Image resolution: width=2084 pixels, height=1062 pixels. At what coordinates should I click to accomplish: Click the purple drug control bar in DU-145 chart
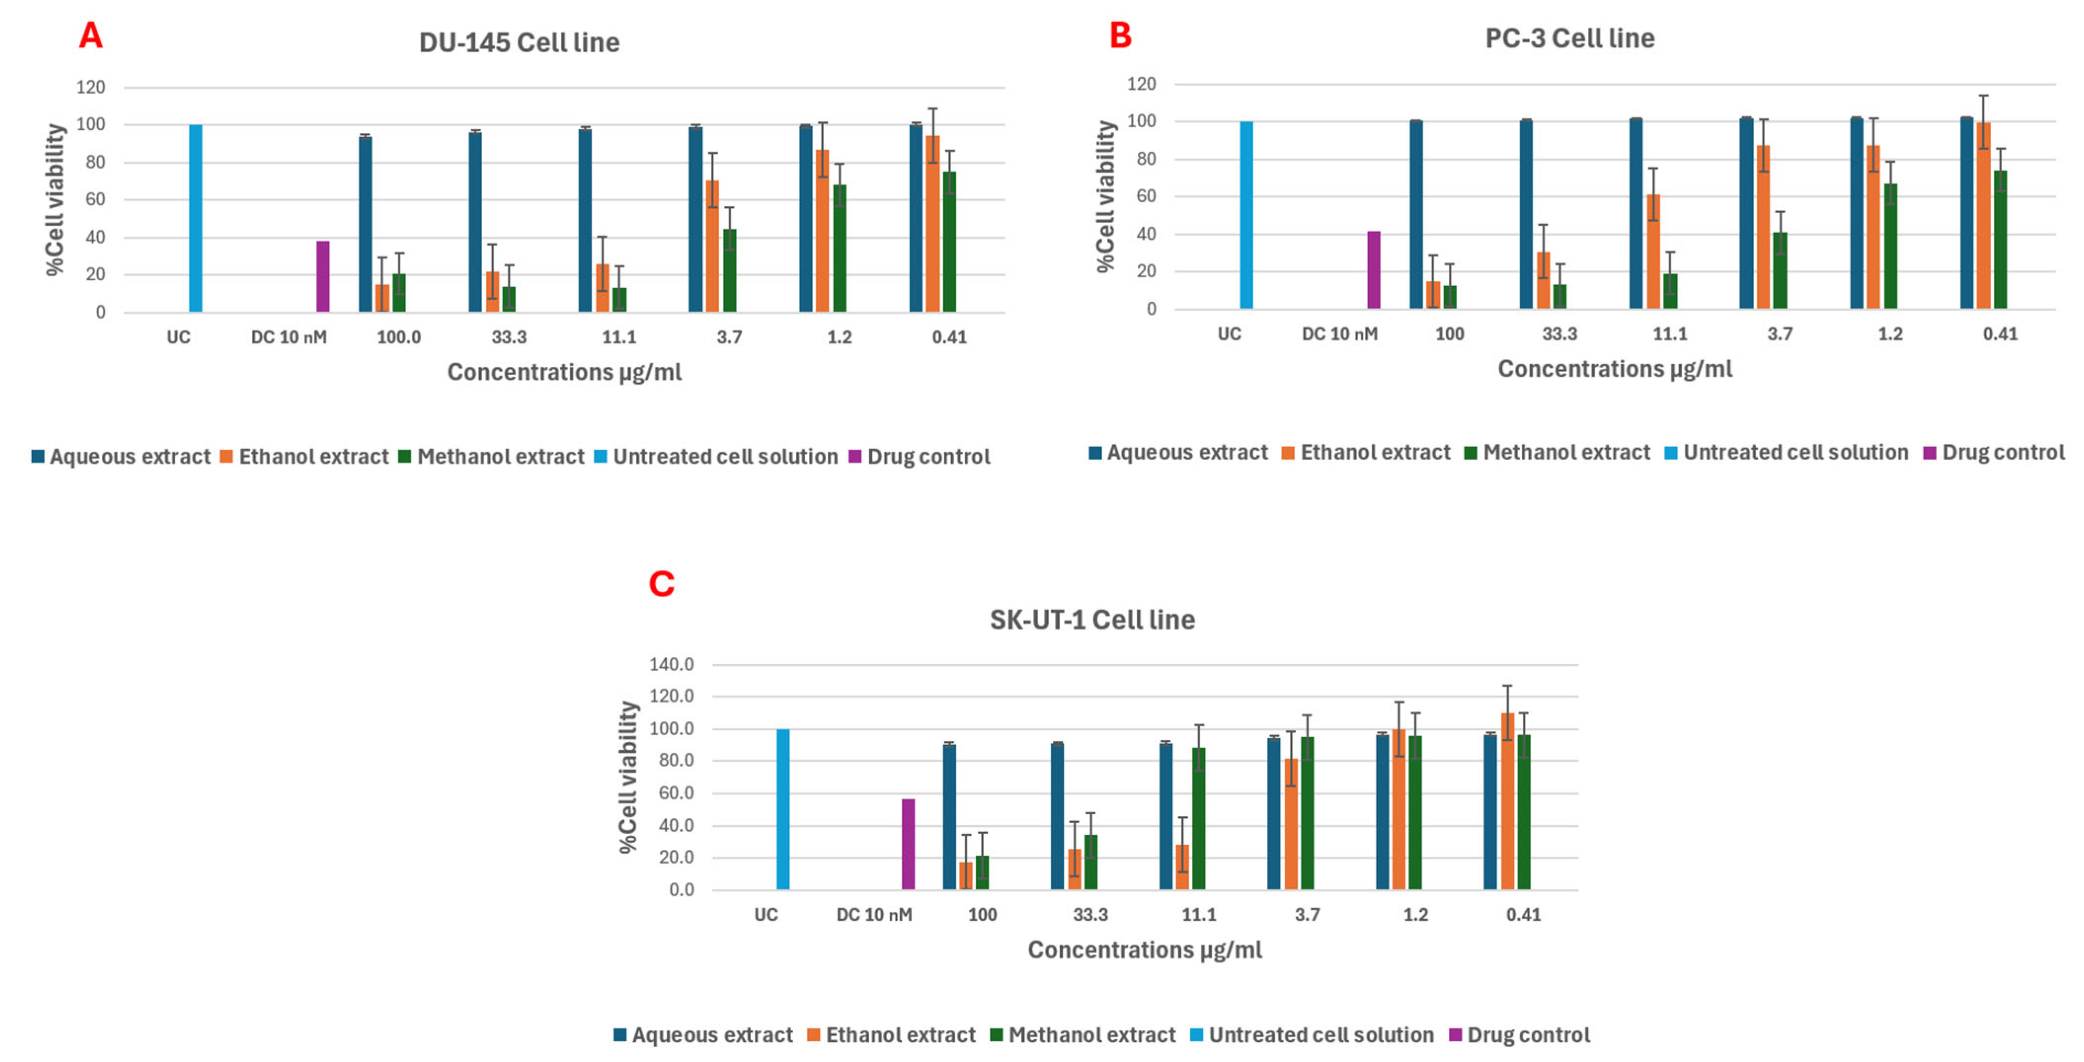[323, 277]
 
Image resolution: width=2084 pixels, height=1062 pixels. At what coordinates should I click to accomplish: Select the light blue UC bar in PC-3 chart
[1247, 215]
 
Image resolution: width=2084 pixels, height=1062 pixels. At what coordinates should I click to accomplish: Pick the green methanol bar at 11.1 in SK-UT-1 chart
[1199, 819]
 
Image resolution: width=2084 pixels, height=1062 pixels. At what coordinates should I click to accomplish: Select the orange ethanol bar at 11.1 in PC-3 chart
[1653, 252]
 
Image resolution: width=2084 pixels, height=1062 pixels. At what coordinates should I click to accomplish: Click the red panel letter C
[662, 584]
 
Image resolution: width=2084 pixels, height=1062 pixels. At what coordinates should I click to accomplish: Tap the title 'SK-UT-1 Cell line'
[1092, 619]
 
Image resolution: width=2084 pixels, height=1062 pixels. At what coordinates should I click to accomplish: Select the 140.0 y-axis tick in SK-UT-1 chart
[671, 665]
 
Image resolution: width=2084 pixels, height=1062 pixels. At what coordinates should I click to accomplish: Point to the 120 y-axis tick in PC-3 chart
[1142, 84]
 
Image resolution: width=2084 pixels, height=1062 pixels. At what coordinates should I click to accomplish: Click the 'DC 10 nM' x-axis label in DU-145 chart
[289, 337]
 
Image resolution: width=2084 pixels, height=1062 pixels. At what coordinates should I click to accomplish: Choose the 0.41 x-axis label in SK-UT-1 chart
[1523, 915]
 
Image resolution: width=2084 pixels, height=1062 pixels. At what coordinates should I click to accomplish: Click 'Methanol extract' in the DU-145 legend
[500, 457]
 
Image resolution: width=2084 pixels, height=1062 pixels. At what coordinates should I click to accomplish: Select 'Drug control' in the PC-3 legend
[2002, 453]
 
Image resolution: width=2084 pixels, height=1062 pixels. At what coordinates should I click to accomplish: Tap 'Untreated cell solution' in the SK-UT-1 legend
[1320, 1035]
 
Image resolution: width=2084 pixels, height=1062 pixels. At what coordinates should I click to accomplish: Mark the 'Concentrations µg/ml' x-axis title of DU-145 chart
[564, 372]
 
